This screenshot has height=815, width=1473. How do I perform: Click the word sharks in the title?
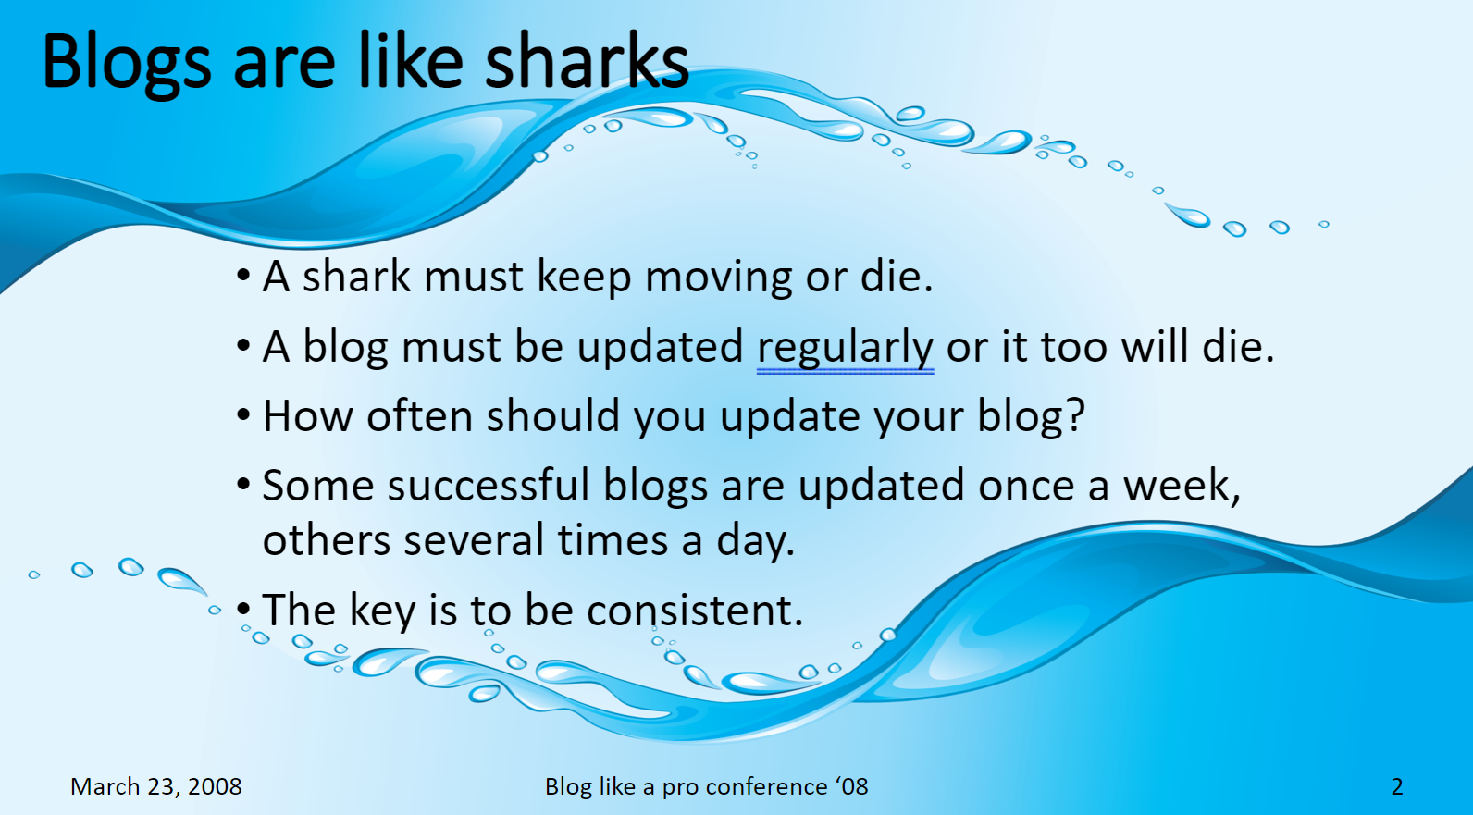587,60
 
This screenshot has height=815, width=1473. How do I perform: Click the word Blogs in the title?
126,66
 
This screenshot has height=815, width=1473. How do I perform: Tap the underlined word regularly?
845,349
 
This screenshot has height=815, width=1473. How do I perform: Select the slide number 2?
1397,786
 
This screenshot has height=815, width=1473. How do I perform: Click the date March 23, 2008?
155,786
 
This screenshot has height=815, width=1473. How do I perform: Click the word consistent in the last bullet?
695,610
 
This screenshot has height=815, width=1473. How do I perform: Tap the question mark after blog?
1075,414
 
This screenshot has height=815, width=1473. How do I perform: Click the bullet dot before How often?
243,415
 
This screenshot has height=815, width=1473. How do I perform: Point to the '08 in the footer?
851,786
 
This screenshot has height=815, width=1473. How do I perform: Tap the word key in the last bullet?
382,611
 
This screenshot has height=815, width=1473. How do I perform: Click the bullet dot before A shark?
243,276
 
